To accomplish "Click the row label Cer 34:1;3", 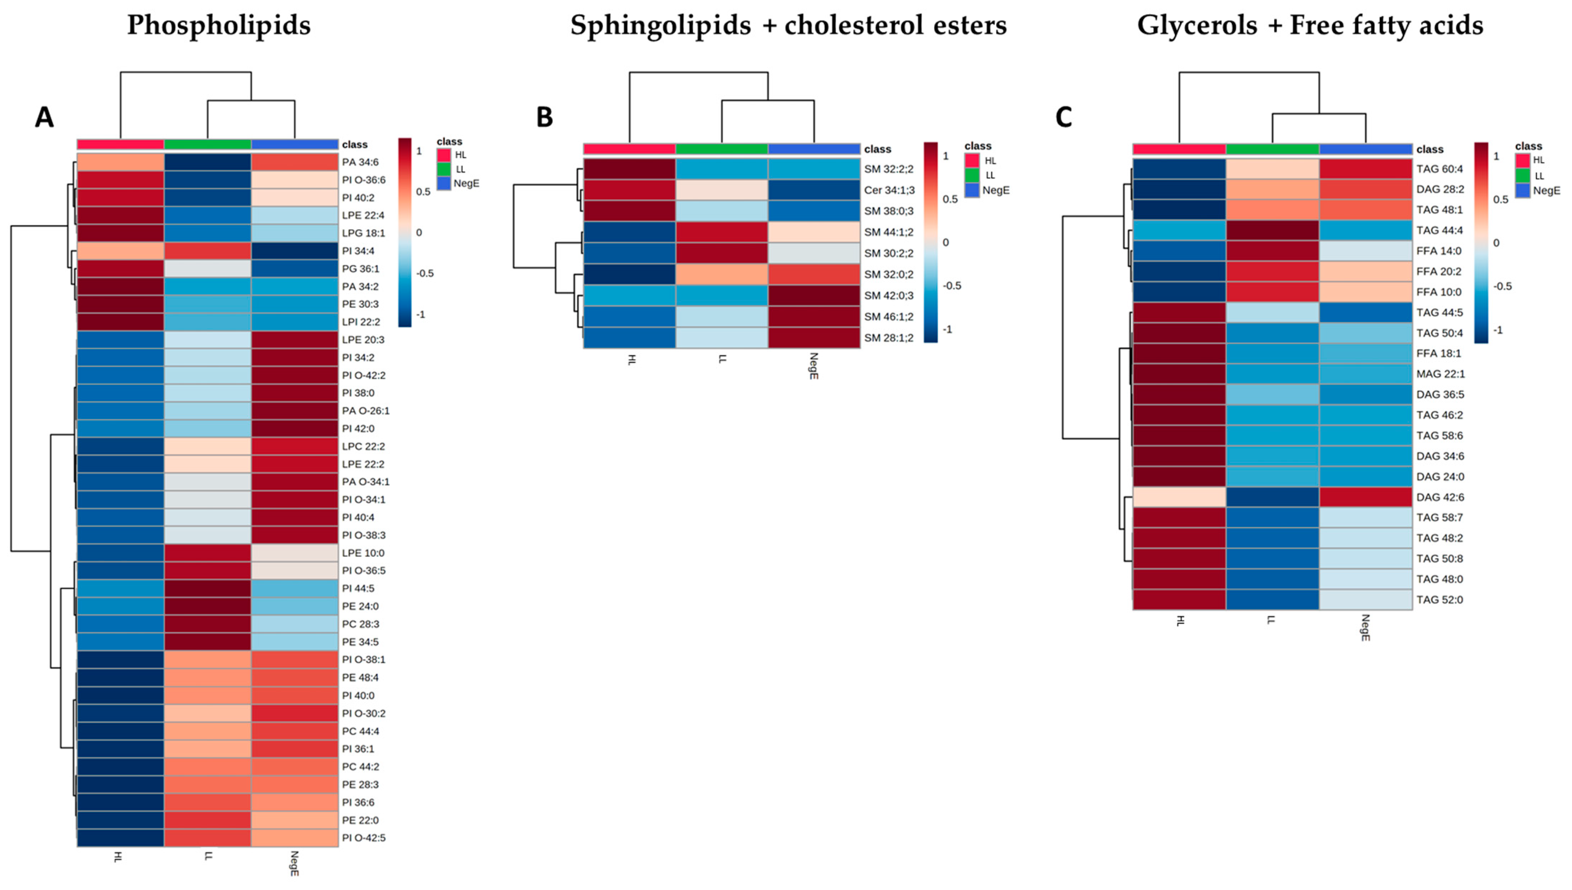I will tap(889, 190).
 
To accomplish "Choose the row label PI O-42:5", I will tap(364, 838).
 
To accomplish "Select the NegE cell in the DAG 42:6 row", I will tap(1365, 497).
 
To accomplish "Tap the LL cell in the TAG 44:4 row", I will tap(1272, 231).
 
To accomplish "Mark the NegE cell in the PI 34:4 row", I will tap(295, 251).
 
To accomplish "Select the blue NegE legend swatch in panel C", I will tap(1522, 190).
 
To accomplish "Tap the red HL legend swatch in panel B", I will tap(972, 161).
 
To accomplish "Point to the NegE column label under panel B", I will tap(813, 366).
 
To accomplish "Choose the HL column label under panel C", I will tap(1180, 620).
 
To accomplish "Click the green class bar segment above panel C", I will tap(1272, 149).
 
